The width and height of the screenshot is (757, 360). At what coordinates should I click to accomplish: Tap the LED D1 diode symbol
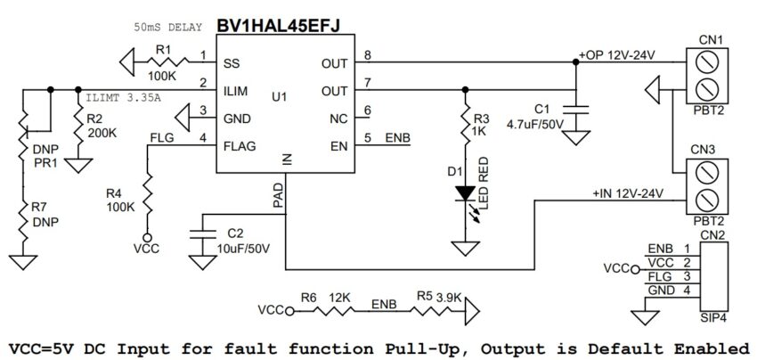click(x=464, y=192)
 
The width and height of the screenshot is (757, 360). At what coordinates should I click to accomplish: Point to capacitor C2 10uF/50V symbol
click(x=203, y=234)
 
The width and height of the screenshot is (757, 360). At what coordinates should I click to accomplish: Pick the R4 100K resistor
click(x=148, y=193)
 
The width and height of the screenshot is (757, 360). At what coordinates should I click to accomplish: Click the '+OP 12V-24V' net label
click(x=616, y=55)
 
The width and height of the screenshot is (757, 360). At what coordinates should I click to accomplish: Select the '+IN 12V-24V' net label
click(x=630, y=193)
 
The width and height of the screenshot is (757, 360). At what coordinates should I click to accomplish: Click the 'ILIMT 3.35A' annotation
click(x=126, y=97)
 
